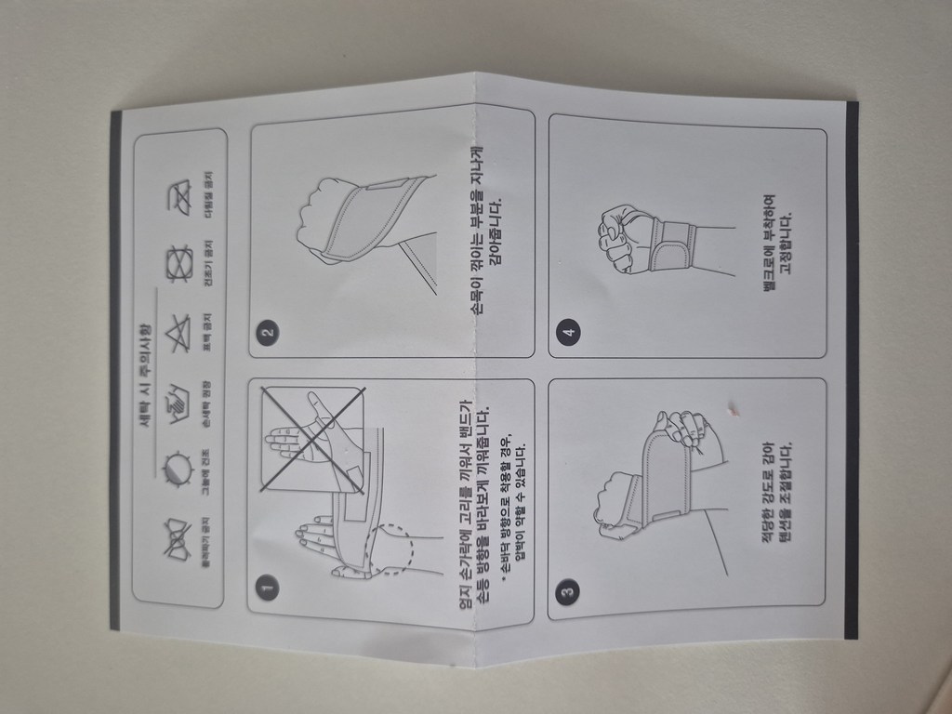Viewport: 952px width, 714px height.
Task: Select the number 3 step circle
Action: coord(567,589)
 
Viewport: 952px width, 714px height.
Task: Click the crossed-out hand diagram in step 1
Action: coord(311,437)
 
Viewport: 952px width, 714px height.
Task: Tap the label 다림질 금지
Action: coord(210,197)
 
